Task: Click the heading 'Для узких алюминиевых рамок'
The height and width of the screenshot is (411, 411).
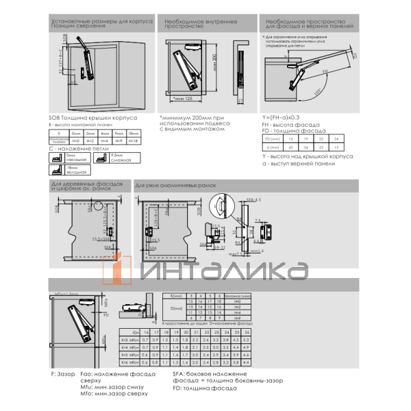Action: (171, 186)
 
